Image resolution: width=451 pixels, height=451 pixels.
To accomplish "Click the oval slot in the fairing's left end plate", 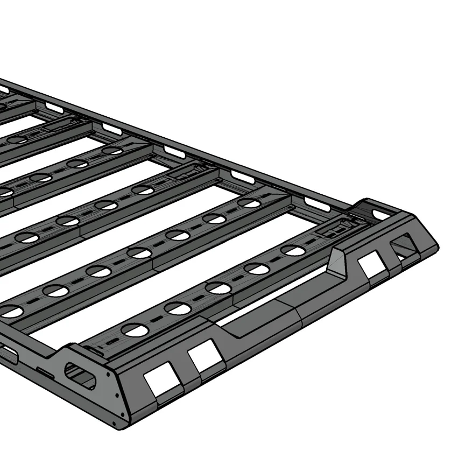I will [x=80, y=375].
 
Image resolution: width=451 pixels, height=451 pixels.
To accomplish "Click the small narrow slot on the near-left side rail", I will [x=45, y=372].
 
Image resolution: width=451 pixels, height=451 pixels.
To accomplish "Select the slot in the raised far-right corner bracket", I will [x=380, y=214].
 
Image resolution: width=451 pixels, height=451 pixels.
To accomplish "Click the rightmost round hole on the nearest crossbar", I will [x=293, y=250].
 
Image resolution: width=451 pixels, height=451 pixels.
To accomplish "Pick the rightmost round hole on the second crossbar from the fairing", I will [x=249, y=203].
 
